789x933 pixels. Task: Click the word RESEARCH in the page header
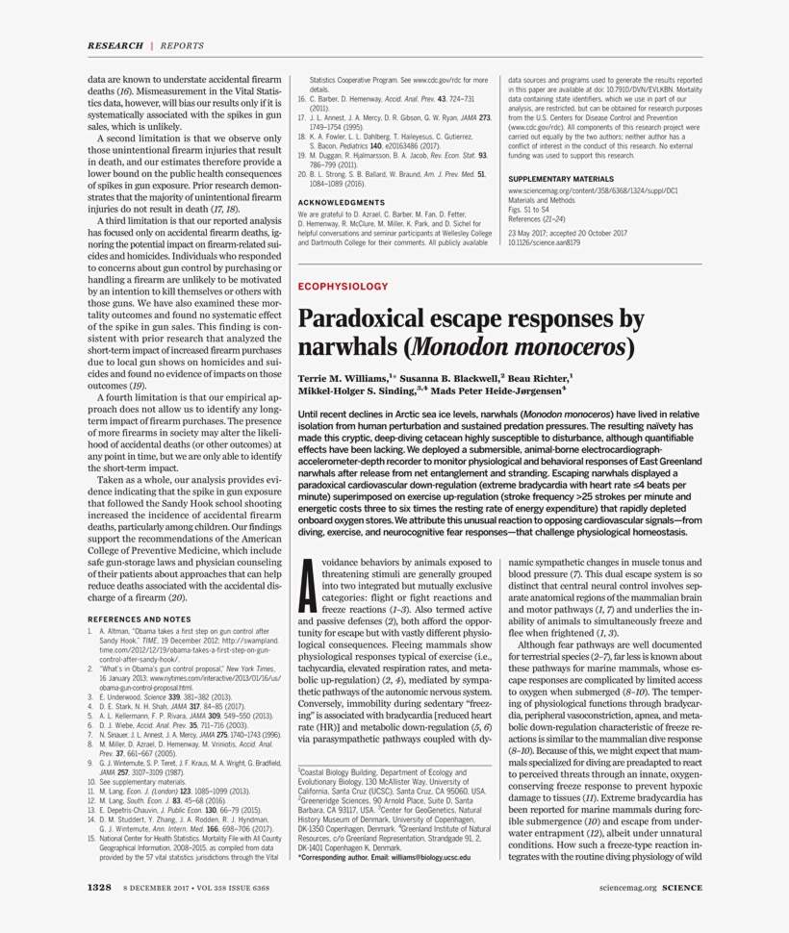pos(114,45)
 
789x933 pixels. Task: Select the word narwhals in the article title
pos(344,345)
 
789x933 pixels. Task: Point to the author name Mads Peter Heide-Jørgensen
pos(502,391)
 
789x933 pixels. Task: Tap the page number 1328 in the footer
pos(101,886)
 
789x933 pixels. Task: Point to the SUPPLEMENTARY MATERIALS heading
pos(560,179)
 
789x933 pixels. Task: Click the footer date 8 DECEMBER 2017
pos(157,887)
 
